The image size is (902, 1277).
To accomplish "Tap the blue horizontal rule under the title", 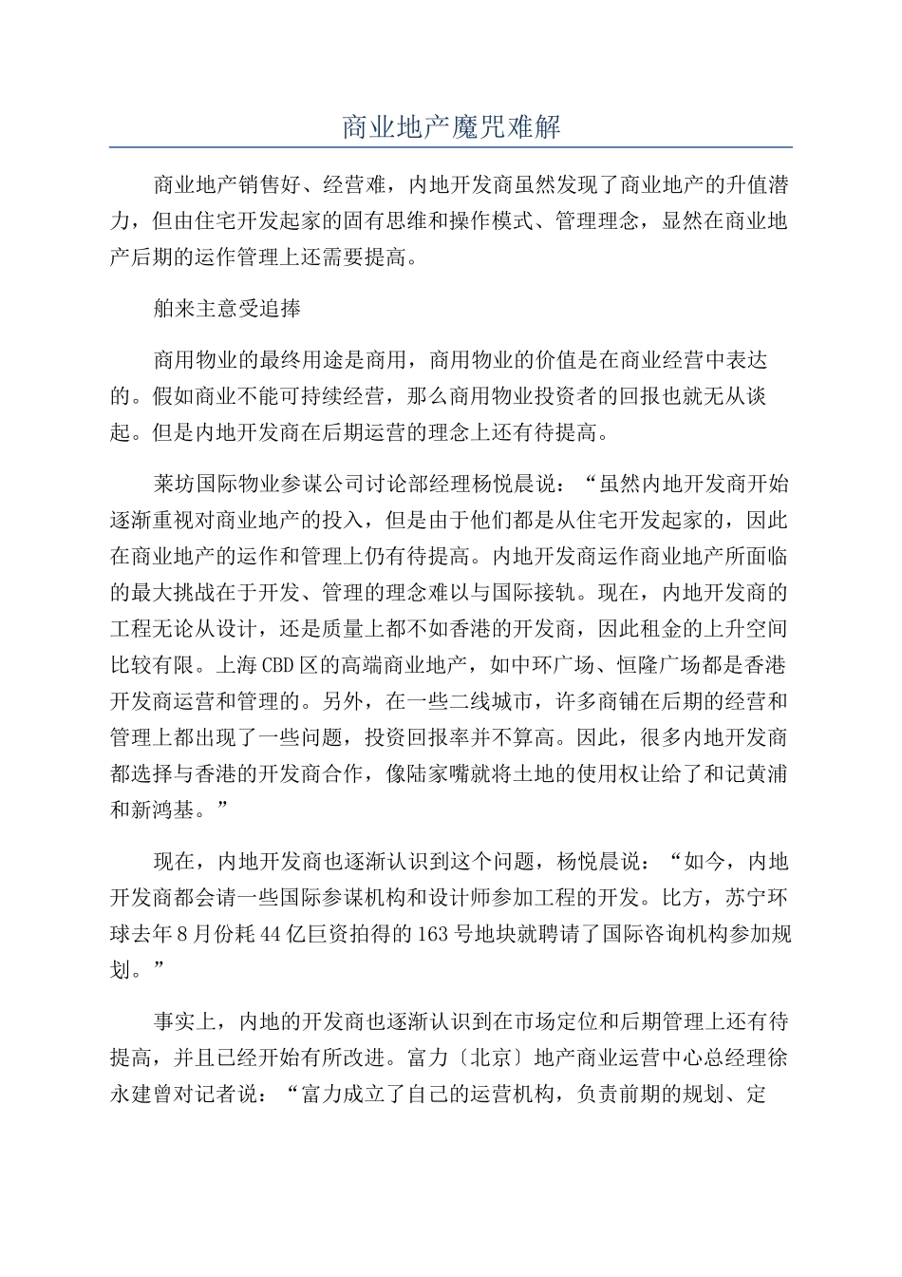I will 451,147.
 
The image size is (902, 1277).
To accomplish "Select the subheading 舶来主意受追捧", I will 228,309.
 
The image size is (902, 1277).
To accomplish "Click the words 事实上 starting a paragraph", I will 186,1022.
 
